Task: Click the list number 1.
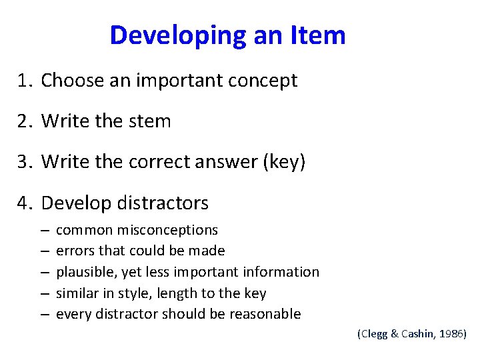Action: [25, 81]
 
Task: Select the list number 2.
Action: [25, 121]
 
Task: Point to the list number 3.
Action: [25, 162]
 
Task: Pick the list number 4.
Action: [25, 203]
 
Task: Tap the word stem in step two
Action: [153, 121]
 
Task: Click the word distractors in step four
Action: [167, 203]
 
